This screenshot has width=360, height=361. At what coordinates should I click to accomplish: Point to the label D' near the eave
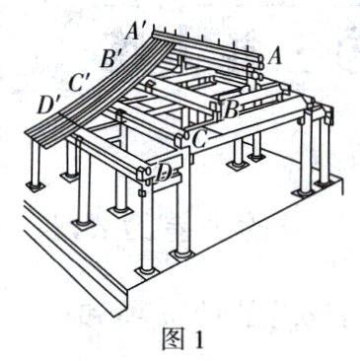tap(46, 103)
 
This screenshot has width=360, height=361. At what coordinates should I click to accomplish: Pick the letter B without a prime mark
tap(231, 107)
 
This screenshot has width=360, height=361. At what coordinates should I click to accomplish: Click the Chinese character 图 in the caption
tap(174, 339)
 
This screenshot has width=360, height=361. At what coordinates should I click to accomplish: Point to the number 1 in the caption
tap(195, 340)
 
